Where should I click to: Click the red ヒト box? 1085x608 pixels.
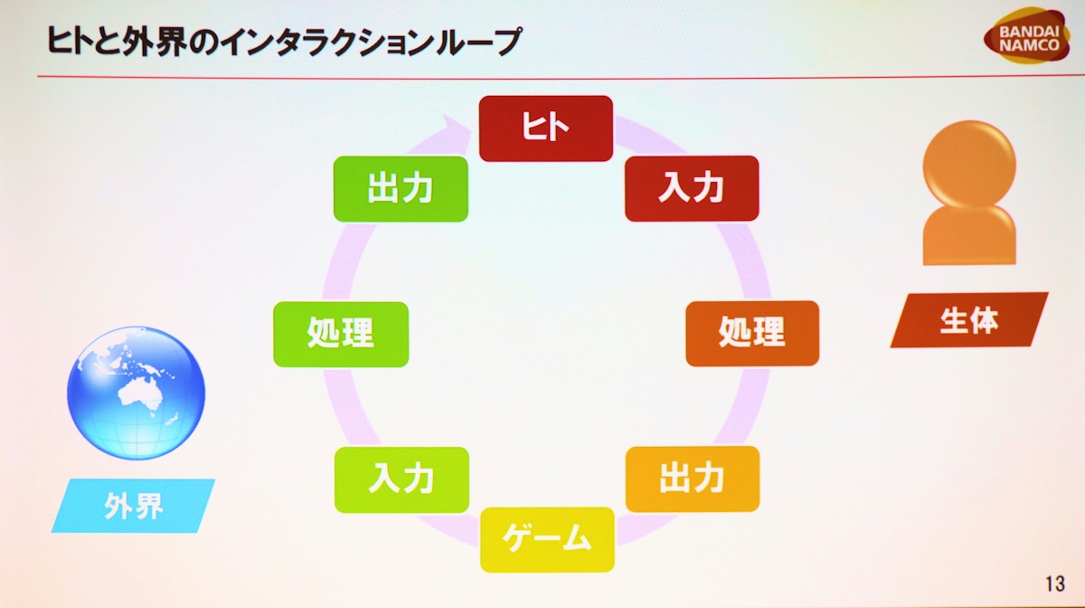(546, 128)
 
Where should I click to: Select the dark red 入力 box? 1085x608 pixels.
(692, 188)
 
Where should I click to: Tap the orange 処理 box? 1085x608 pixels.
(752, 334)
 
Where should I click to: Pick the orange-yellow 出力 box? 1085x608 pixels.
(693, 479)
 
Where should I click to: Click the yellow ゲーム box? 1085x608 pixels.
(547, 539)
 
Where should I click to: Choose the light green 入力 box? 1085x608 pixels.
(401, 480)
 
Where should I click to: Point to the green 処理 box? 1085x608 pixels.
(341, 335)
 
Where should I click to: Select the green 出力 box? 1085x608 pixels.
(401, 189)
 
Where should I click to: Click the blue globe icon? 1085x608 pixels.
(137, 393)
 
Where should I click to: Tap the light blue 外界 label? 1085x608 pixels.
(133, 506)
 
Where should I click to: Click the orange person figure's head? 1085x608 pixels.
(969, 164)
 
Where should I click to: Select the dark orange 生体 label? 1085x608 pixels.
(969, 320)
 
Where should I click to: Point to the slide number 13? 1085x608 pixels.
(1055, 584)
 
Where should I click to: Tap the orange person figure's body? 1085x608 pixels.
(969, 235)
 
